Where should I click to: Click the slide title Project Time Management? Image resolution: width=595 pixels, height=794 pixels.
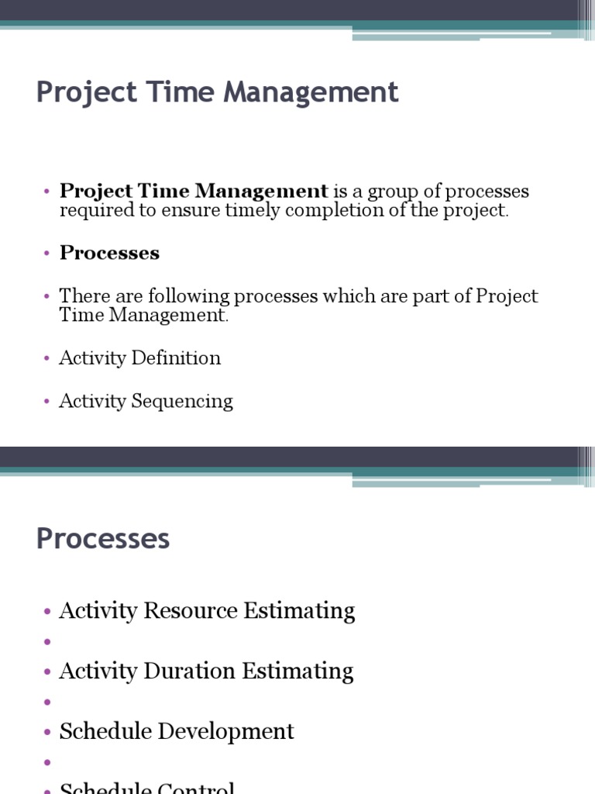click(x=217, y=93)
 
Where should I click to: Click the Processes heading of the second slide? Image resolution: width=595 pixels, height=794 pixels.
click(x=102, y=539)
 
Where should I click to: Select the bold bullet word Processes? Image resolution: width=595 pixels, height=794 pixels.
click(x=109, y=254)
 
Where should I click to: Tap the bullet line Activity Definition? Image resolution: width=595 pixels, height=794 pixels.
click(x=139, y=358)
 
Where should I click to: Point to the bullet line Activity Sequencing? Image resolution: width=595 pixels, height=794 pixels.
click(x=146, y=401)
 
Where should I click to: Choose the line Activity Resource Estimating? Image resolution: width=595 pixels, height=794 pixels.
click(x=207, y=611)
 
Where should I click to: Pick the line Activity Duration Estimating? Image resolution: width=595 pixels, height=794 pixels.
click(x=206, y=671)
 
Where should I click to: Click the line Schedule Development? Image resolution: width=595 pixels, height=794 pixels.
click(x=177, y=732)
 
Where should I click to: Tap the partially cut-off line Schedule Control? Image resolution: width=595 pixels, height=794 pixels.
click(x=147, y=788)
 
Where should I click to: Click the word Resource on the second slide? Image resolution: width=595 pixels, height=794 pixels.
click(x=191, y=611)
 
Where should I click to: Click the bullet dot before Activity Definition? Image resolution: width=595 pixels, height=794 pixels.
click(x=47, y=359)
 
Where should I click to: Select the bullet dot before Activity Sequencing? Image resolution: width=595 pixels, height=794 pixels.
click(x=47, y=402)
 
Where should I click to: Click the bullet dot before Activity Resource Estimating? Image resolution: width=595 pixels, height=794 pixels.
click(x=47, y=612)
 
